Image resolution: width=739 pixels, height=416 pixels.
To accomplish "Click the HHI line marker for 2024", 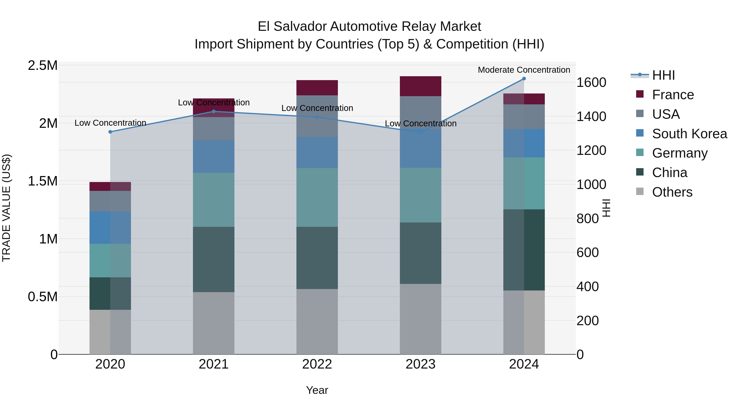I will pos(524,79).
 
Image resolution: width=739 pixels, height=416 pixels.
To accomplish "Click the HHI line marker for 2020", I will pos(110,132).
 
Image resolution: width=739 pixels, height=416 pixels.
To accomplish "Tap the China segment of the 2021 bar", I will pos(213,259).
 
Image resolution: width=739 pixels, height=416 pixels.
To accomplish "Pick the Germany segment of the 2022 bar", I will pos(317,197).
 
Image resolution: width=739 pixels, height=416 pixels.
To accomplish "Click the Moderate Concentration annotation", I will pos(524,70).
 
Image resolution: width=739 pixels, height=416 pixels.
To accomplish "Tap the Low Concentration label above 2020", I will pos(110,123).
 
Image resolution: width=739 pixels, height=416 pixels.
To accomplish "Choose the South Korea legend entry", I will pos(689,134).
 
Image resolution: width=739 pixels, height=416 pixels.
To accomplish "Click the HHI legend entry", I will pos(663,75).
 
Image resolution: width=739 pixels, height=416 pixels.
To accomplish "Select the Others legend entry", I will pos(672,192).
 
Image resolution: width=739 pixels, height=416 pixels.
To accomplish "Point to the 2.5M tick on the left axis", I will pos(43,66).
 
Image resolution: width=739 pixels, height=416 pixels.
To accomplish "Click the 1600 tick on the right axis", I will pos(591,83).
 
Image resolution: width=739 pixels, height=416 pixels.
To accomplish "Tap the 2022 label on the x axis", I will pos(317,364).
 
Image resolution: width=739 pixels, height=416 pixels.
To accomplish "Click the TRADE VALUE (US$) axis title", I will pos(6,208).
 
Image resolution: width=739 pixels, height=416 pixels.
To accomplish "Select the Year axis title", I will pos(317,390).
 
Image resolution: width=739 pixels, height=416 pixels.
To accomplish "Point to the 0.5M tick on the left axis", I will pos(43,297).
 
